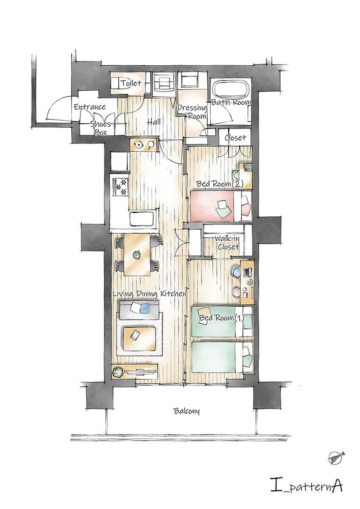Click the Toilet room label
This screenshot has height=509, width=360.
pos(131,83)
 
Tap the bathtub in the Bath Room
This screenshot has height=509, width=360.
pos(231,89)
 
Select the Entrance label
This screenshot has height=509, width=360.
pos(90,107)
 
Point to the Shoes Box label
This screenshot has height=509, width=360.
pos(101,128)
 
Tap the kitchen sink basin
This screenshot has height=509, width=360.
pos(142,219)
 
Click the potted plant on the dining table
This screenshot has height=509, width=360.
pos(136,254)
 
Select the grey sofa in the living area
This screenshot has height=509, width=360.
pos(139,310)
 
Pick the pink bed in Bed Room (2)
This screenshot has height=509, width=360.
pos(221,206)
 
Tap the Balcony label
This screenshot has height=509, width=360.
pos(187,411)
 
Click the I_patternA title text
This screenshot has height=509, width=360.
pos(307,486)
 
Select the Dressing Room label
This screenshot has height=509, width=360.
pos(192,111)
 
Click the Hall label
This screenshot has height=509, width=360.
pos(154,122)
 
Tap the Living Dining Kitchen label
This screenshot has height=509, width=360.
pos(149,294)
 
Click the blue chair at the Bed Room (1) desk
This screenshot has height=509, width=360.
pos(235,271)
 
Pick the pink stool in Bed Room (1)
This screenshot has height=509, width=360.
pos(236,292)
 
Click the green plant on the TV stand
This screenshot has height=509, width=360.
pos(118,371)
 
